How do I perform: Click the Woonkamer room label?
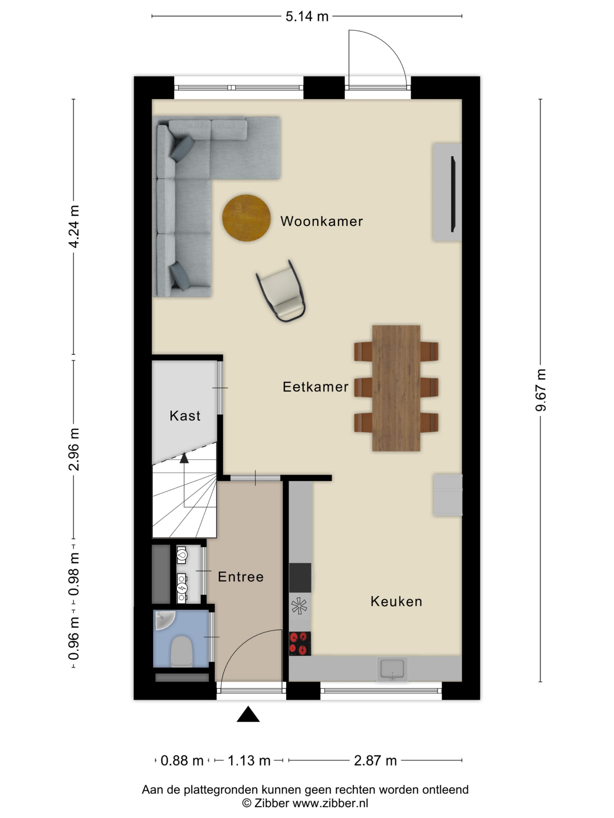pos(321,221)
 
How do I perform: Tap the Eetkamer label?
pos(315,387)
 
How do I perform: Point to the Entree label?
pos(240,576)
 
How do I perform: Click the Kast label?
pos(185,416)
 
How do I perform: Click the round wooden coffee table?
pos(246,218)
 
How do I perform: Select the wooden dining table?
pos(396,388)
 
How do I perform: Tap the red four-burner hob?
pos(300,644)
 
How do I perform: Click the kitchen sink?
pos(392,669)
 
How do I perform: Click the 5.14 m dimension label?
pos(307,17)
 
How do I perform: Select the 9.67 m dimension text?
pos(541,390)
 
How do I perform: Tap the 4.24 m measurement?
pos(74,227)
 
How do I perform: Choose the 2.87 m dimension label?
pos(375,761)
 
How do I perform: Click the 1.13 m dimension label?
pos(249,761)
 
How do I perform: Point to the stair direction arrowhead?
pos(184,458)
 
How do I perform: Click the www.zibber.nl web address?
pos(330,803)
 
